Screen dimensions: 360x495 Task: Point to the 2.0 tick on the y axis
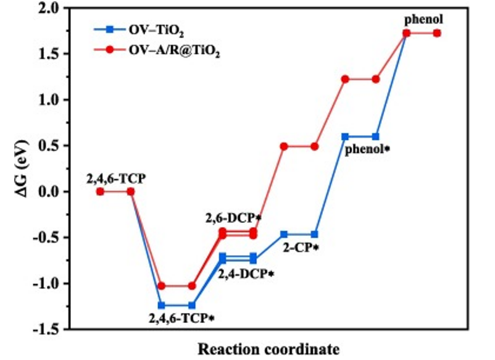click(x=54, y=9)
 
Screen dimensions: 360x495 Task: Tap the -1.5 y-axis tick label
click(x=52, y=329)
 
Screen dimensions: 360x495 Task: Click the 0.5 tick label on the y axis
click(x=54, y=146)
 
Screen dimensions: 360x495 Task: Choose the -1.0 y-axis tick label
click(x=52, y=283)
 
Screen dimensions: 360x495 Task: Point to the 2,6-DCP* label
click(x=234, y=218)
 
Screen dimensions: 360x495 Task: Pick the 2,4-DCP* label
click(x=246, y=273)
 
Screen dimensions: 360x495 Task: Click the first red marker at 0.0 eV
click(x=100, y=191)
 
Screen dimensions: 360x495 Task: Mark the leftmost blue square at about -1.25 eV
click(x=161, y=305)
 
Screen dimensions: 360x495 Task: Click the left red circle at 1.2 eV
click(x=345, y=79)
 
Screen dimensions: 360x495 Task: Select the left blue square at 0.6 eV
click(x=345, y=136)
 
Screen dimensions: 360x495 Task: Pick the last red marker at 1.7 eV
click(x=437, y=33)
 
